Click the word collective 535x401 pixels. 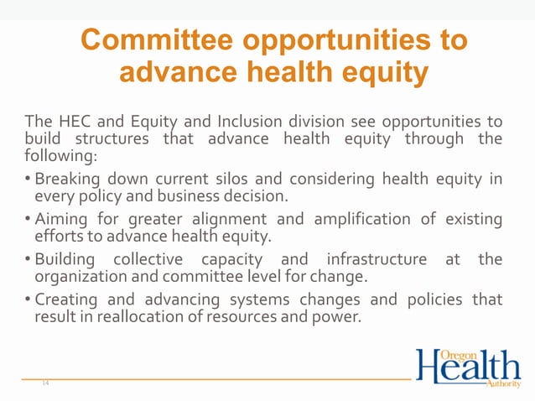pyautogui.click(x=154, y=260)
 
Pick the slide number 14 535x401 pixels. pyautogui.click(x=44, y=383)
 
